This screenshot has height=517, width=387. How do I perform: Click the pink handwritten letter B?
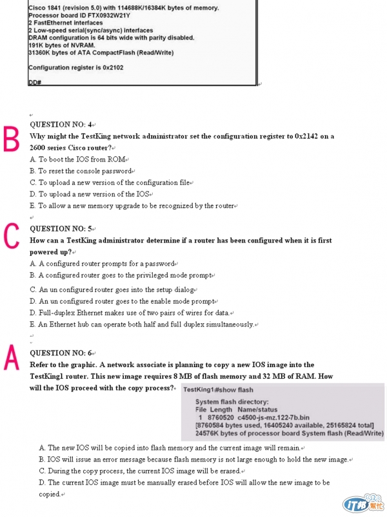(x=13, y=139)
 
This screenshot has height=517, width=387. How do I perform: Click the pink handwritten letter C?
(x=12, y=236)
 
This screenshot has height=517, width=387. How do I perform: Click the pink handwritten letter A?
(x=13, y=357)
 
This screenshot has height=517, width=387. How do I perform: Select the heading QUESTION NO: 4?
(x=62, y=125)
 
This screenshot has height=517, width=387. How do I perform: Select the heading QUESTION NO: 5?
(x=62, y=229)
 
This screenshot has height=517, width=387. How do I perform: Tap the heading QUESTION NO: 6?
(x=62, y=353)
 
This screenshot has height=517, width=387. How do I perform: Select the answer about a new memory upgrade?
(x=135, y=206)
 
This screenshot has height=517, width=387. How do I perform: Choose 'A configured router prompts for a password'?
(x=103, y=264)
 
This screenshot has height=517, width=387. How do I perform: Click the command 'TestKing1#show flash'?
(x=218, y=390)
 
